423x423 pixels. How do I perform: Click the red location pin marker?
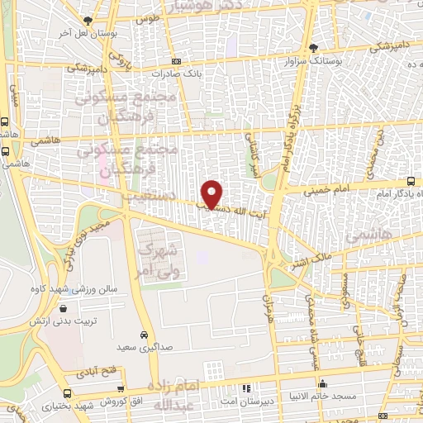point(213,193)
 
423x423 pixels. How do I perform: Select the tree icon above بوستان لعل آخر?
point(88,20)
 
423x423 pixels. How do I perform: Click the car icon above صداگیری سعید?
point(145,335)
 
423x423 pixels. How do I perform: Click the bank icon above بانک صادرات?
point(175,61)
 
